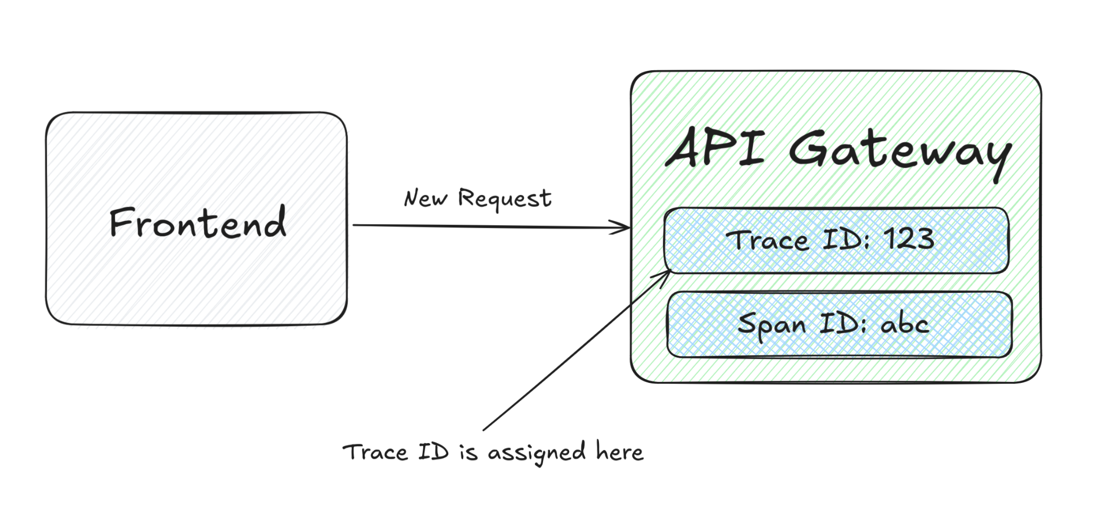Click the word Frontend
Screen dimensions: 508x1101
click(x=198, y=223)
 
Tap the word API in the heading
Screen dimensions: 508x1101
click(x=715, y=148)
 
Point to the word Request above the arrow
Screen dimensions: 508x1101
click(x=504, y=199)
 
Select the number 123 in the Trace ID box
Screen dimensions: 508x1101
click(x=909, y=239)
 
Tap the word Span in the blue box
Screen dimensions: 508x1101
click(x=771, y=325)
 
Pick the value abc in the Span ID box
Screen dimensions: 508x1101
click(x=905, y=324)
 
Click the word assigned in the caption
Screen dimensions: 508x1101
click(x=537, y=453)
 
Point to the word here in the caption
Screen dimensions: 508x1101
click(x=619, y=452)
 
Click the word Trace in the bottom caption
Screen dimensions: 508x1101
click(x=375, y=453)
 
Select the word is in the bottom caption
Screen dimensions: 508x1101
click(x=469, y=453)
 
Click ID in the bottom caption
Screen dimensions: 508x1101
click(x=433, y=452)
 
